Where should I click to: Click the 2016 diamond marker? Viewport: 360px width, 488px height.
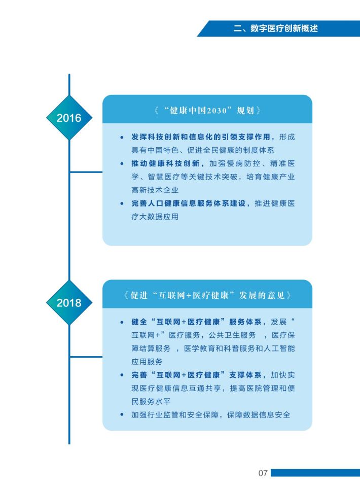tap(69, 118)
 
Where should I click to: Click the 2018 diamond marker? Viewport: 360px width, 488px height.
tap(69, 302)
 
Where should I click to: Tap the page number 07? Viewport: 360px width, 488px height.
tap(263, 473)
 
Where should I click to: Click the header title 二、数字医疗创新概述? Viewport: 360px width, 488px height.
tap(276, 28)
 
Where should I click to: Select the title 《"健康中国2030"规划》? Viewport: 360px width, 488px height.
tap(207, 111)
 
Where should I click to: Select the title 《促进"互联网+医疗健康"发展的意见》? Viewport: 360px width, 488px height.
tap(207, 295)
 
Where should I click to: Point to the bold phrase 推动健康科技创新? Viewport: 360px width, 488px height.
tap(165, 163)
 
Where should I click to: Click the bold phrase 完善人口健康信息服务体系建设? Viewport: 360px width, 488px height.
tap(189, 203)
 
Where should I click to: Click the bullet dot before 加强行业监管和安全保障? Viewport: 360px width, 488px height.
tap(122, 414)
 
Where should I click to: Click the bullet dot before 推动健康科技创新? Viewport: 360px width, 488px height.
tap(122, 163)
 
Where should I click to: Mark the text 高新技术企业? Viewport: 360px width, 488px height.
tap(155, 190)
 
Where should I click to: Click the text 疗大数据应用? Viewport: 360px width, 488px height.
tap(155, 217)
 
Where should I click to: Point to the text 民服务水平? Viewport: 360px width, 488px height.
tap(151, 401)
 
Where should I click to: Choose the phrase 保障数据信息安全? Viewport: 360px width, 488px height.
tap(259, 415)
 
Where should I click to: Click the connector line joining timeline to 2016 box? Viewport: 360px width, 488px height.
tap(86, 172)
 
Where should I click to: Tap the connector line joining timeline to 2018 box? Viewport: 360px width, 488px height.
tap(86, 357)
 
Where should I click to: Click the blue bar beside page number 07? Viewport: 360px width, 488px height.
tap(315, 473)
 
